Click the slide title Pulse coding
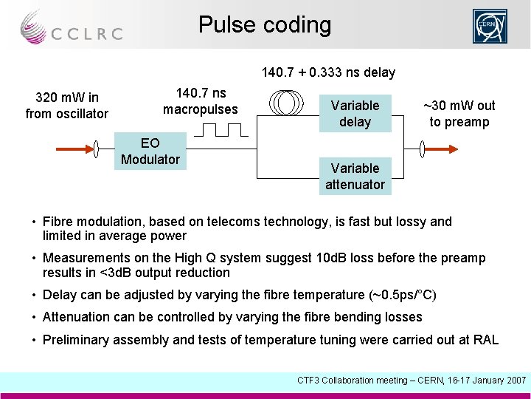265,25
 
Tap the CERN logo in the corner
490,27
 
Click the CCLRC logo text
86,33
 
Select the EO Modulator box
150,151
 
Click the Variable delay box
355,114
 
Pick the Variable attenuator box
355,177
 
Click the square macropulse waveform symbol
218,131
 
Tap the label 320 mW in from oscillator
67,106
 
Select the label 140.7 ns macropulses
201,101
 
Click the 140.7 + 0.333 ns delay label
328,72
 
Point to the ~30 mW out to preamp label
459,114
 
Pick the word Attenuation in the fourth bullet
77,317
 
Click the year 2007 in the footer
514,380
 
